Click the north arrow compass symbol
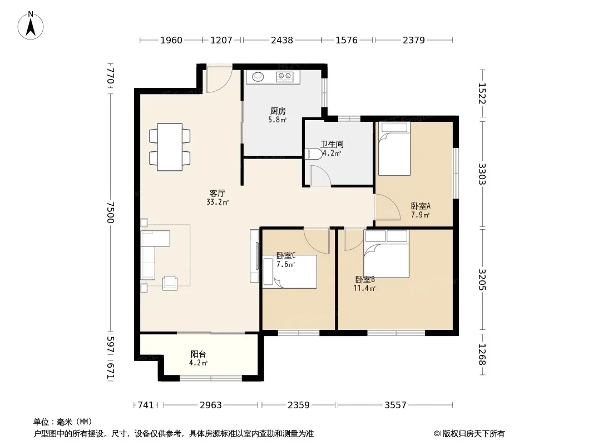31,26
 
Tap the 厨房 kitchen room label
278,111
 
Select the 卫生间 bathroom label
332,144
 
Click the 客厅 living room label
218,193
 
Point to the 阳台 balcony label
198,354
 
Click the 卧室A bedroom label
421,206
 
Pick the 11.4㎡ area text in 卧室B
364,289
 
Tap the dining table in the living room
170,147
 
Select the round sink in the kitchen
258,76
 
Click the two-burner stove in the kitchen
284,77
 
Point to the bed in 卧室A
394,149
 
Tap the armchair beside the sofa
170,283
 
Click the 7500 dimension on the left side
110,212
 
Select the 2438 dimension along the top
282,40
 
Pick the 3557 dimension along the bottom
396,406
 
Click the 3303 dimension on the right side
482,174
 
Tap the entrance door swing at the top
219,80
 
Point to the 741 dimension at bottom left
146,406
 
